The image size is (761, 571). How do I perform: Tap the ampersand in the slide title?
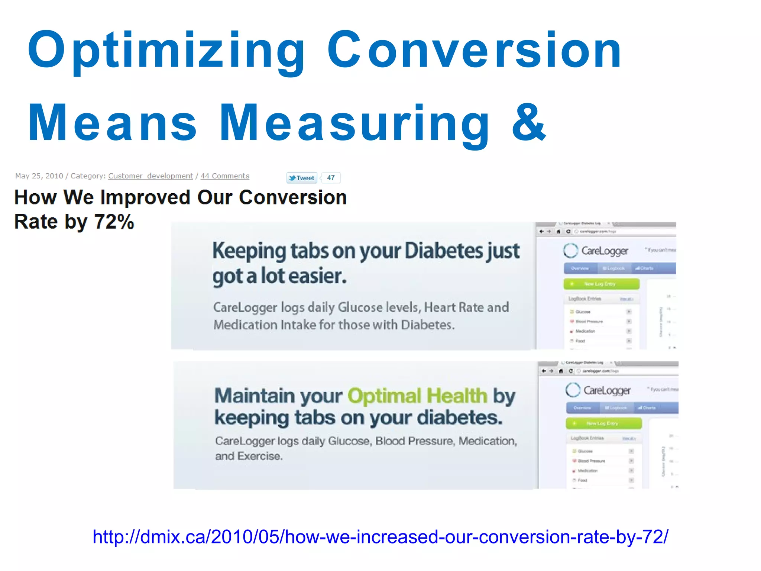(x=528, y=123)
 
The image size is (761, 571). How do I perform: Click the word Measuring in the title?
(x=355, y=123)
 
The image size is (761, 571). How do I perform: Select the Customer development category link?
(x=150, y=176)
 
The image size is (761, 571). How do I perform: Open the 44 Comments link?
(x=225, y=176)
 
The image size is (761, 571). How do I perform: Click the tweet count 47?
(x=331, y=178)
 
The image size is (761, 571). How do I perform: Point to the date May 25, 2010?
(x=39, y=176)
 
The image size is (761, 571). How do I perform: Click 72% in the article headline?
(x=114, y=222)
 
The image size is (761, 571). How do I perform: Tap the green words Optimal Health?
(x=417, y=396)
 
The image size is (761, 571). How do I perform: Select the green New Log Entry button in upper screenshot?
(x=601, y=284)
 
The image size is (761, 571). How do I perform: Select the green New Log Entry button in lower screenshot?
(x=604, y=423)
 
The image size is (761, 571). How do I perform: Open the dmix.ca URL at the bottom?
(x=380, y=537)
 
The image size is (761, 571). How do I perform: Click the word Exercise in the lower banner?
(x=260, y=456)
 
